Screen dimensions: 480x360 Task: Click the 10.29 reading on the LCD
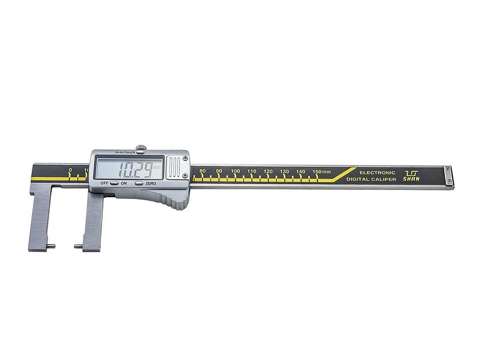click(x=136, y=170)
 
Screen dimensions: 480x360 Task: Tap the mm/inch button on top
click(x=141, y=152)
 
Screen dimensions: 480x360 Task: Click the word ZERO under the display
click(x=151, y=183)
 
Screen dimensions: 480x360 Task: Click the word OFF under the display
click(x=104, y=183)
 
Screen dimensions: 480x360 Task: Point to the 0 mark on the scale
click(x=70, y=170)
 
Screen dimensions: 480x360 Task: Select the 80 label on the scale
click(x=202, y=171)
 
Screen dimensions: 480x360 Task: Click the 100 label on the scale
click(x=235, y=171)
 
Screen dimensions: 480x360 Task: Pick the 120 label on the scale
click(x=268, y=171)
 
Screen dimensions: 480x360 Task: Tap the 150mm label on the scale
click(x=321, y=172)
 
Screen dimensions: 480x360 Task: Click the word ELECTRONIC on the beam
click(x=377, y=172)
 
